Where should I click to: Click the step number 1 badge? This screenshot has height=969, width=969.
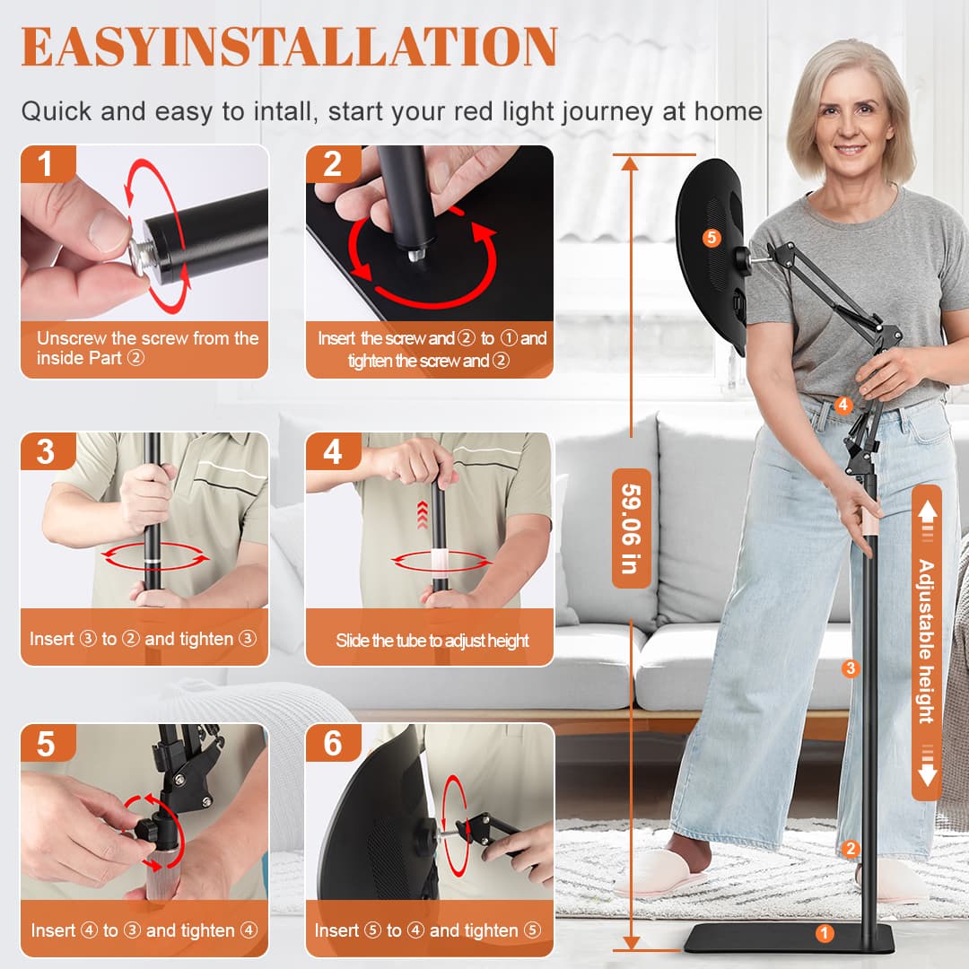(x=48, y=164)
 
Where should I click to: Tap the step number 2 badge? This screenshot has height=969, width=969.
(x=333, y=164)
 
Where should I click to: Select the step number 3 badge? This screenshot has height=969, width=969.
(x=48, y=451)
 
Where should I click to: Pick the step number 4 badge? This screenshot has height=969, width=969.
(x=333, y=451)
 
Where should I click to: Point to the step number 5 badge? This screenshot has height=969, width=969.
(x=48, y=744)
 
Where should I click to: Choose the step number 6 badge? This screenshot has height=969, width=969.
(x=333, y=744)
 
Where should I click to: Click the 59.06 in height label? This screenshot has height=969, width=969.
(x=631, y=528)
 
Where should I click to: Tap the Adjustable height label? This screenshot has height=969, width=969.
(x=926, y=641)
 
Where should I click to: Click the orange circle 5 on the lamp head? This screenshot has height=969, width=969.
(x=711, y=237)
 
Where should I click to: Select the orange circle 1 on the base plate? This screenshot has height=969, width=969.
(x=824, y=933)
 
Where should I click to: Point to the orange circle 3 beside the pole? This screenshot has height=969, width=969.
(x=851, y=668)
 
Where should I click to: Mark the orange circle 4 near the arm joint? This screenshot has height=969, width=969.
(x=842, y=406)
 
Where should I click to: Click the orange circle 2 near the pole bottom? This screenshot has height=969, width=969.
(x=851, y=849)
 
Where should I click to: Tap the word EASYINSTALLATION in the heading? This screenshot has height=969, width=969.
(x=289, y=47)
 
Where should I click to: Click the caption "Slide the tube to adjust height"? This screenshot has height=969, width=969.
(x=432, y=641)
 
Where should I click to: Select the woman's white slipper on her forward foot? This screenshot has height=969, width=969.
(x=659, y=873)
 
